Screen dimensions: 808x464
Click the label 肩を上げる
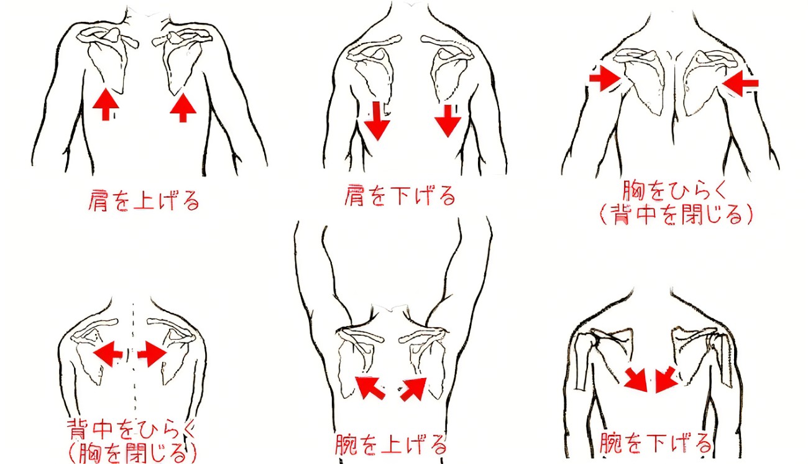coord(144,200)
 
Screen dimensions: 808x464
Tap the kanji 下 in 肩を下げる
coord(400,195)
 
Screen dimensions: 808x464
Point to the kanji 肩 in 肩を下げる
coord(354,195)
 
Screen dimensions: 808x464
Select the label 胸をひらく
coord(674,190)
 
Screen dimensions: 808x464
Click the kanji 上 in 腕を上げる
coord(391,445)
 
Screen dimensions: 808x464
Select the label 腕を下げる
coord(655,443)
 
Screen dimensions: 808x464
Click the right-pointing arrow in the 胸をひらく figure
coord(605,78)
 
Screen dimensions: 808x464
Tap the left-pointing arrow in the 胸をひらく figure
coord(740,83)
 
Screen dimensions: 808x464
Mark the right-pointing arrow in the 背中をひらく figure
coord(152,354)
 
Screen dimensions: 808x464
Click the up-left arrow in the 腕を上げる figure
coord(370,387)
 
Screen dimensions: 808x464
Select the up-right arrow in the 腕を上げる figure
coord(414,389)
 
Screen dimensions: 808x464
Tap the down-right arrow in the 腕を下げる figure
coord(636,379)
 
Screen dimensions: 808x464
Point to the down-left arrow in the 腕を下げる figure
coord(666,379)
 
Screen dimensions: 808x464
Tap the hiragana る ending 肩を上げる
coord(191,200)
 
